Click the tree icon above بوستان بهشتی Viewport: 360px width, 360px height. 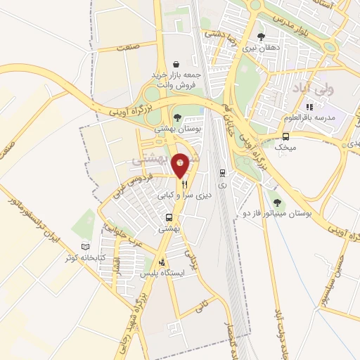click(x=177, y=117)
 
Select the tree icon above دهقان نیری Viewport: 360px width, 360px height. click(x=262, y=37)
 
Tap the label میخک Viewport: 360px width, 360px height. click(x=286, y=148)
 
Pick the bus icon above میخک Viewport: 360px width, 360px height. click(x=286, y=136)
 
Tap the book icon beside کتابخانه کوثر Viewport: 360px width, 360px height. click(x=85, y=247)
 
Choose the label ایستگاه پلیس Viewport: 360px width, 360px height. click(x=163, y=272)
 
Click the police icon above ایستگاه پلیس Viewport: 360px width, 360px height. click(x=163, y=261)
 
